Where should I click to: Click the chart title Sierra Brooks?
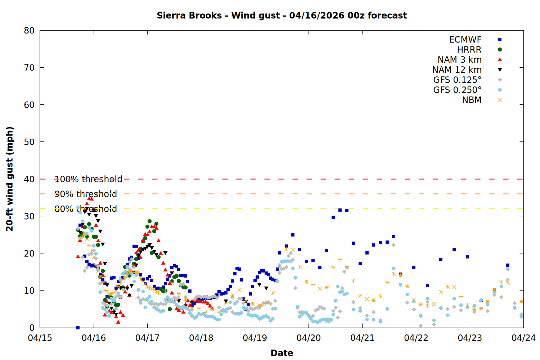[x=282, y=15]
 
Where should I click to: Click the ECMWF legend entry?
[x=465, y=40]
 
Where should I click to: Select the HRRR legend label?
[x=469, y=50]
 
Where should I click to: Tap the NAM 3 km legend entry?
[x=459, y=60]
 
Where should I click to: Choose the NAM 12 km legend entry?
[x=457, y=70]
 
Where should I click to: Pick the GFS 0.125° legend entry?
[x=457, y=80]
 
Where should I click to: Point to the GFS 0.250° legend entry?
[x=457, y=90]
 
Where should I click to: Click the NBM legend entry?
[x=472, y=100]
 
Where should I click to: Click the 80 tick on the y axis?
[x=30, y=31]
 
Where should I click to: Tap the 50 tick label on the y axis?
[x=30, y=142]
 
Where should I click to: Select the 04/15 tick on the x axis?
[x=40, y=338]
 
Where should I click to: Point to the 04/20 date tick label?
[x=309, y=338]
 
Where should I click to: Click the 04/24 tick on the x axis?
[x=523, y=338]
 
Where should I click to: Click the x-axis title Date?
[x=282, y=353]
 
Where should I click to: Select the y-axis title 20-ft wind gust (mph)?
[x=10, y=179]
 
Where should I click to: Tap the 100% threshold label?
[x=88, y=179]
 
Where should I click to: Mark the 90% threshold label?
[x=86, y=194]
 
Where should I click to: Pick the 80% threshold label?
[x=86, y=209]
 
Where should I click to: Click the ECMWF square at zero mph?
[x=78, y=328]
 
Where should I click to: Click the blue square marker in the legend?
[x=500, y=40]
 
